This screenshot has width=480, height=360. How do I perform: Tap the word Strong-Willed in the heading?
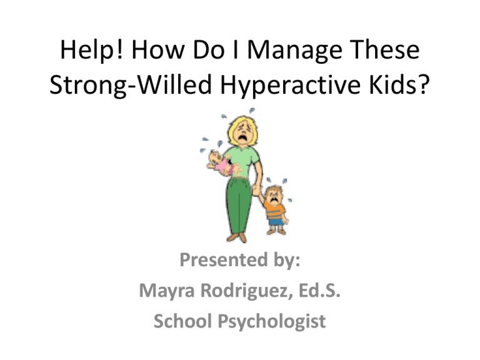coord(131,85)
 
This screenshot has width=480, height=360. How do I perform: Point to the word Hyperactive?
coord(290,85)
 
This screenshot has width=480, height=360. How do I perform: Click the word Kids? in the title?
coord(399,84)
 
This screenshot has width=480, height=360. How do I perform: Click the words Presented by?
coord(240,260)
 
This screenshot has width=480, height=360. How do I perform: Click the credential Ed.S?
coord(319,290)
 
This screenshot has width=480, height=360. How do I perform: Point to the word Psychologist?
coord(272,322)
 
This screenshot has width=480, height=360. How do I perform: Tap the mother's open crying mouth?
coord(243,138)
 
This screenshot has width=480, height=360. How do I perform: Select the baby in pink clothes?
coord(222,164)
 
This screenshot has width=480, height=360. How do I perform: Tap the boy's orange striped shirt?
coord(274,211)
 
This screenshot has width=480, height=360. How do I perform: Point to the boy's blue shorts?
coord(276,222)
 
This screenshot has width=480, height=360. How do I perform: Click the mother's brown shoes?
coord(237,237)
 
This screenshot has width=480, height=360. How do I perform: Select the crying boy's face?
coord(273,197)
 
